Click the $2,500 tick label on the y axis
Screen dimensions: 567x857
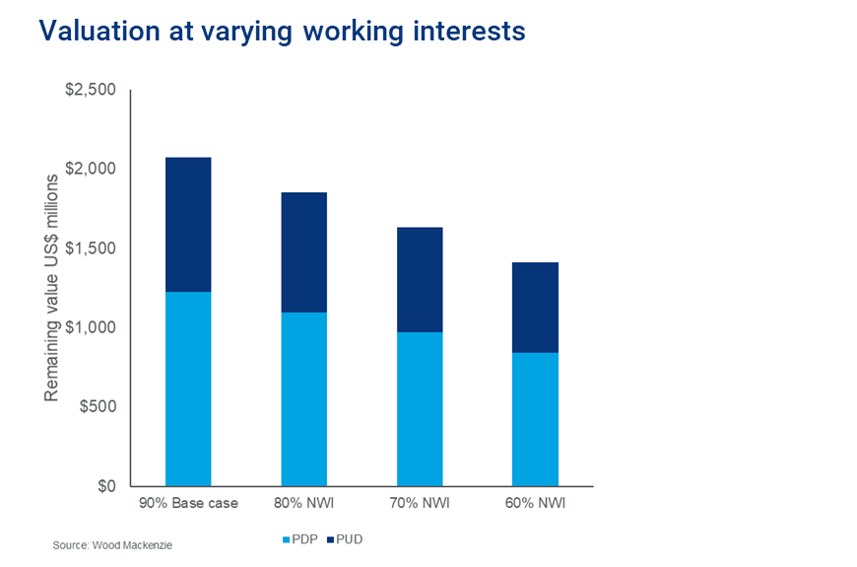click(92, 90)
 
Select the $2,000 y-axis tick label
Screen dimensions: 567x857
click(92, 169)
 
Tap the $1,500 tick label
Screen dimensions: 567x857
click(92, 248)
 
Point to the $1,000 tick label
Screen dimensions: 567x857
click(92, 327)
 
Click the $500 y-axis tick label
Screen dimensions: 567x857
click(97, 407)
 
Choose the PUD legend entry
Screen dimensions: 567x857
click(344, 539)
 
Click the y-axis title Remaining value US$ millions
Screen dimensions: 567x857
click(51, 288)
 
